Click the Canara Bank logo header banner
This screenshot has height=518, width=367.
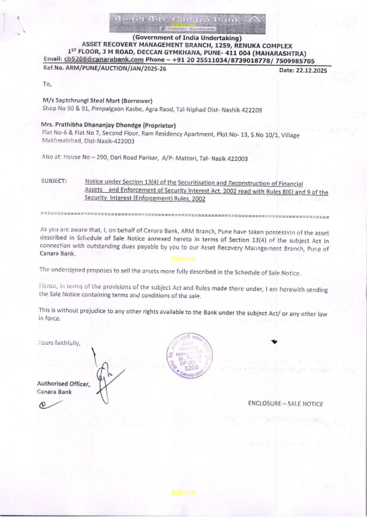[188, 23]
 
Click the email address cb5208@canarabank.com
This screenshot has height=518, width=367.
[104, 59]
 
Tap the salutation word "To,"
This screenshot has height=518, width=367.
[47, 84]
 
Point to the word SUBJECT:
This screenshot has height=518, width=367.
[54, 181]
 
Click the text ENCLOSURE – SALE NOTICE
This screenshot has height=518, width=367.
[285, 404]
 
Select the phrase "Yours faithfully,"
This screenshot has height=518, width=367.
[59, 343]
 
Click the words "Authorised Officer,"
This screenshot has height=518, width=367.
[63, 383]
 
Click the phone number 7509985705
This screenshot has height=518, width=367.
[295, 61]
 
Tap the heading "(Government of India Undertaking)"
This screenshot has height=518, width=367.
[187, 38]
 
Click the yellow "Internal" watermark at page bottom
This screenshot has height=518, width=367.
[183, 492]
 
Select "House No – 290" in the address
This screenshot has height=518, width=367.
[85, 157]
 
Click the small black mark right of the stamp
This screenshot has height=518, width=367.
[274, 342]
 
